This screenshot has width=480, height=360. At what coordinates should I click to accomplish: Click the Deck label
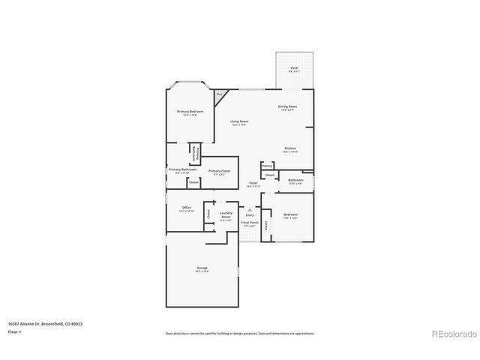294,69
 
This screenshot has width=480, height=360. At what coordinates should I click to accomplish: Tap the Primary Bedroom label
190,112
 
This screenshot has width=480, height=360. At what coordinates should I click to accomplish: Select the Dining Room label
289,107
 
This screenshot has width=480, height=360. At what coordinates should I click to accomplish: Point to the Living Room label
239,122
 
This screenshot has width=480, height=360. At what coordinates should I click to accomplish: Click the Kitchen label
291,150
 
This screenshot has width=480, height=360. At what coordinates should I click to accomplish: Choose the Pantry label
267,166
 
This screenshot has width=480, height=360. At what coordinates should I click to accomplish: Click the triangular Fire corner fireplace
219,95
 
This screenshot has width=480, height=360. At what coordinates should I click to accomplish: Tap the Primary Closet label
218,172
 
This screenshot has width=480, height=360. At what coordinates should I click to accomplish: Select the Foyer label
254,184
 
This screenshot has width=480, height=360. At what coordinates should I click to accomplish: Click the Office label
187,209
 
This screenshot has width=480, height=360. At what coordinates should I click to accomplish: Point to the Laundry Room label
226,214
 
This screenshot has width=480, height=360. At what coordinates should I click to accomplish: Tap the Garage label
202,268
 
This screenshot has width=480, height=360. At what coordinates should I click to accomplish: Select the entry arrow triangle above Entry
250,210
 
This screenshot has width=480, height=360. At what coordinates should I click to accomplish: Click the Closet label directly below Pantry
270,175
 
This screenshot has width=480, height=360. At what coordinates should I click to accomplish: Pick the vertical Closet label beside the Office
208,214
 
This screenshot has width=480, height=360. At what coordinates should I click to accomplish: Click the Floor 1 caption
14,331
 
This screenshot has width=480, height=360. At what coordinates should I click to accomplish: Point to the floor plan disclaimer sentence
240,333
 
